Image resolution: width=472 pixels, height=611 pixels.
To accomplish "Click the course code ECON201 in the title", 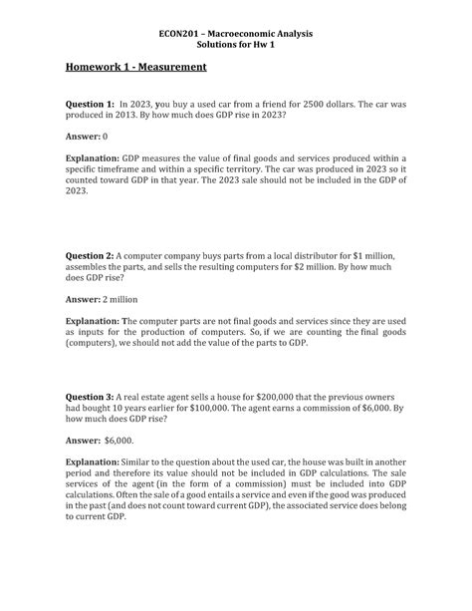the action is point(181,34).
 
